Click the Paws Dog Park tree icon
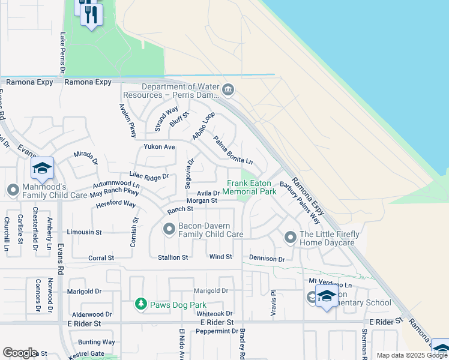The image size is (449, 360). tap(140, 304)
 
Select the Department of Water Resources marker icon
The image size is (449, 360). tap(228, 91)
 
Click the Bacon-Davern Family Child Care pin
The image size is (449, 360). tap(169, 229)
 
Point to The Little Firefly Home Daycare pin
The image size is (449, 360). tap(291, 238)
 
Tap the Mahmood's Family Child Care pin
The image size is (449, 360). tap(13, 190)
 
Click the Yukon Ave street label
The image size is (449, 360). tap(159, 147)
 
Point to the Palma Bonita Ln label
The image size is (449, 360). tap(233, 151)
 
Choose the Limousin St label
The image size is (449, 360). tap(84, 232)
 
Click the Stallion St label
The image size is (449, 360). tap(172, 257)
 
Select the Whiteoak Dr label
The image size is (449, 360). tap(214, 314)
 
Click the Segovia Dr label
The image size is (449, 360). tap(191, 170)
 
